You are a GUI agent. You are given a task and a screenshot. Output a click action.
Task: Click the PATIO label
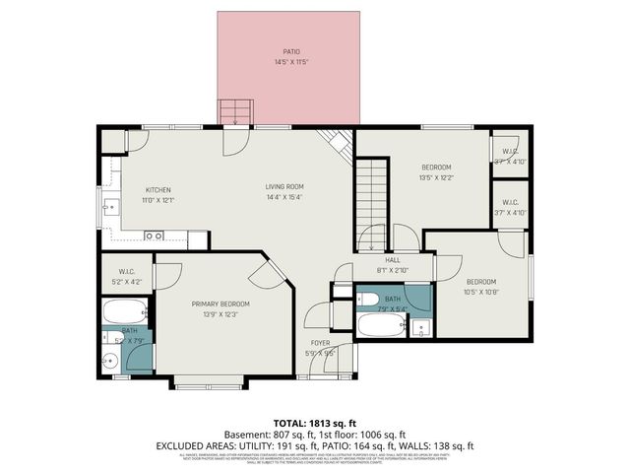pyautogui.click(x=290, y=51)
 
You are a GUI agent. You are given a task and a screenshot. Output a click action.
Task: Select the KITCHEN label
pyautogui.click(x=158, y=189)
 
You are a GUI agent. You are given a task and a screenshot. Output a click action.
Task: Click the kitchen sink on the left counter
pyautogui.click(x=110, y=207)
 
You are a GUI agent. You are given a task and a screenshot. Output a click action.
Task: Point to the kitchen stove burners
pyautogui.click(x=154, y=236)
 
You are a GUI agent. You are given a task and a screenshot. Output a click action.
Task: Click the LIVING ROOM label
pyautogui.click(x=283, y=186)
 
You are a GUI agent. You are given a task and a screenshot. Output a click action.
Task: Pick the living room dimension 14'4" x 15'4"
pyautogui.click(x=283, y=197)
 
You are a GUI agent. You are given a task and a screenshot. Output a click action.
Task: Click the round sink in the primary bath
pyautogui.click(x=110, y=361)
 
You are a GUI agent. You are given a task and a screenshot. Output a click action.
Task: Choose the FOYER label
pyautogui.click(x=320, y=342)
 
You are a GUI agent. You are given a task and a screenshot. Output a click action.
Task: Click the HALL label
pyautogui.click(x=392, y=259)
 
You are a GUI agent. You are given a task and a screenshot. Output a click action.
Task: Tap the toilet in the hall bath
pyautogui.click(x=420, y=327)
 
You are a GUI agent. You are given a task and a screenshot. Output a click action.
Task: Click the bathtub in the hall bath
pyautogui.click(x=381, y=324)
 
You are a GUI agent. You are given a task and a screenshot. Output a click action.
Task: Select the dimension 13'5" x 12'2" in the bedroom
pyautogui.click(x=436, y=178)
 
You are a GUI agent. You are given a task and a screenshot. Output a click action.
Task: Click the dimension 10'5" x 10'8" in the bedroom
pyautogui.click(x=482, y=292)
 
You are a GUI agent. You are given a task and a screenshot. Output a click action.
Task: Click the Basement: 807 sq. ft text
pyautogui.click(x=275, y=434)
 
